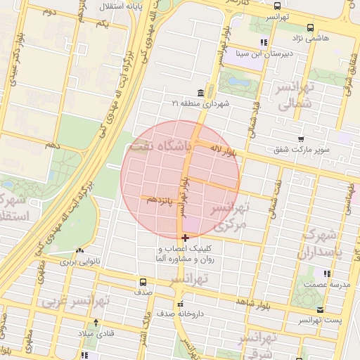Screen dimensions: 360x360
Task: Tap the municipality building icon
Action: pyautogui.click(x=201, y=93)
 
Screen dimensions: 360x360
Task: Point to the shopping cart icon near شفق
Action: pyautogui.click(x=301, y=139)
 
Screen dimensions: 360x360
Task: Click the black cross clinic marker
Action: pyautogui.click(x=185, y=238)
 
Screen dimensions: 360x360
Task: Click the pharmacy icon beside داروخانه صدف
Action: pyautogui.click(x=161, y=314)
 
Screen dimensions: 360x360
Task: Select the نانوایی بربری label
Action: pyautogui.click(x=79, y=262)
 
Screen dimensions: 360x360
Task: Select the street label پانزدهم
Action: pyautogui.click(x=161, y=200)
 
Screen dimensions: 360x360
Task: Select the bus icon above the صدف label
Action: pyautogui.click(x=143, y=283)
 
